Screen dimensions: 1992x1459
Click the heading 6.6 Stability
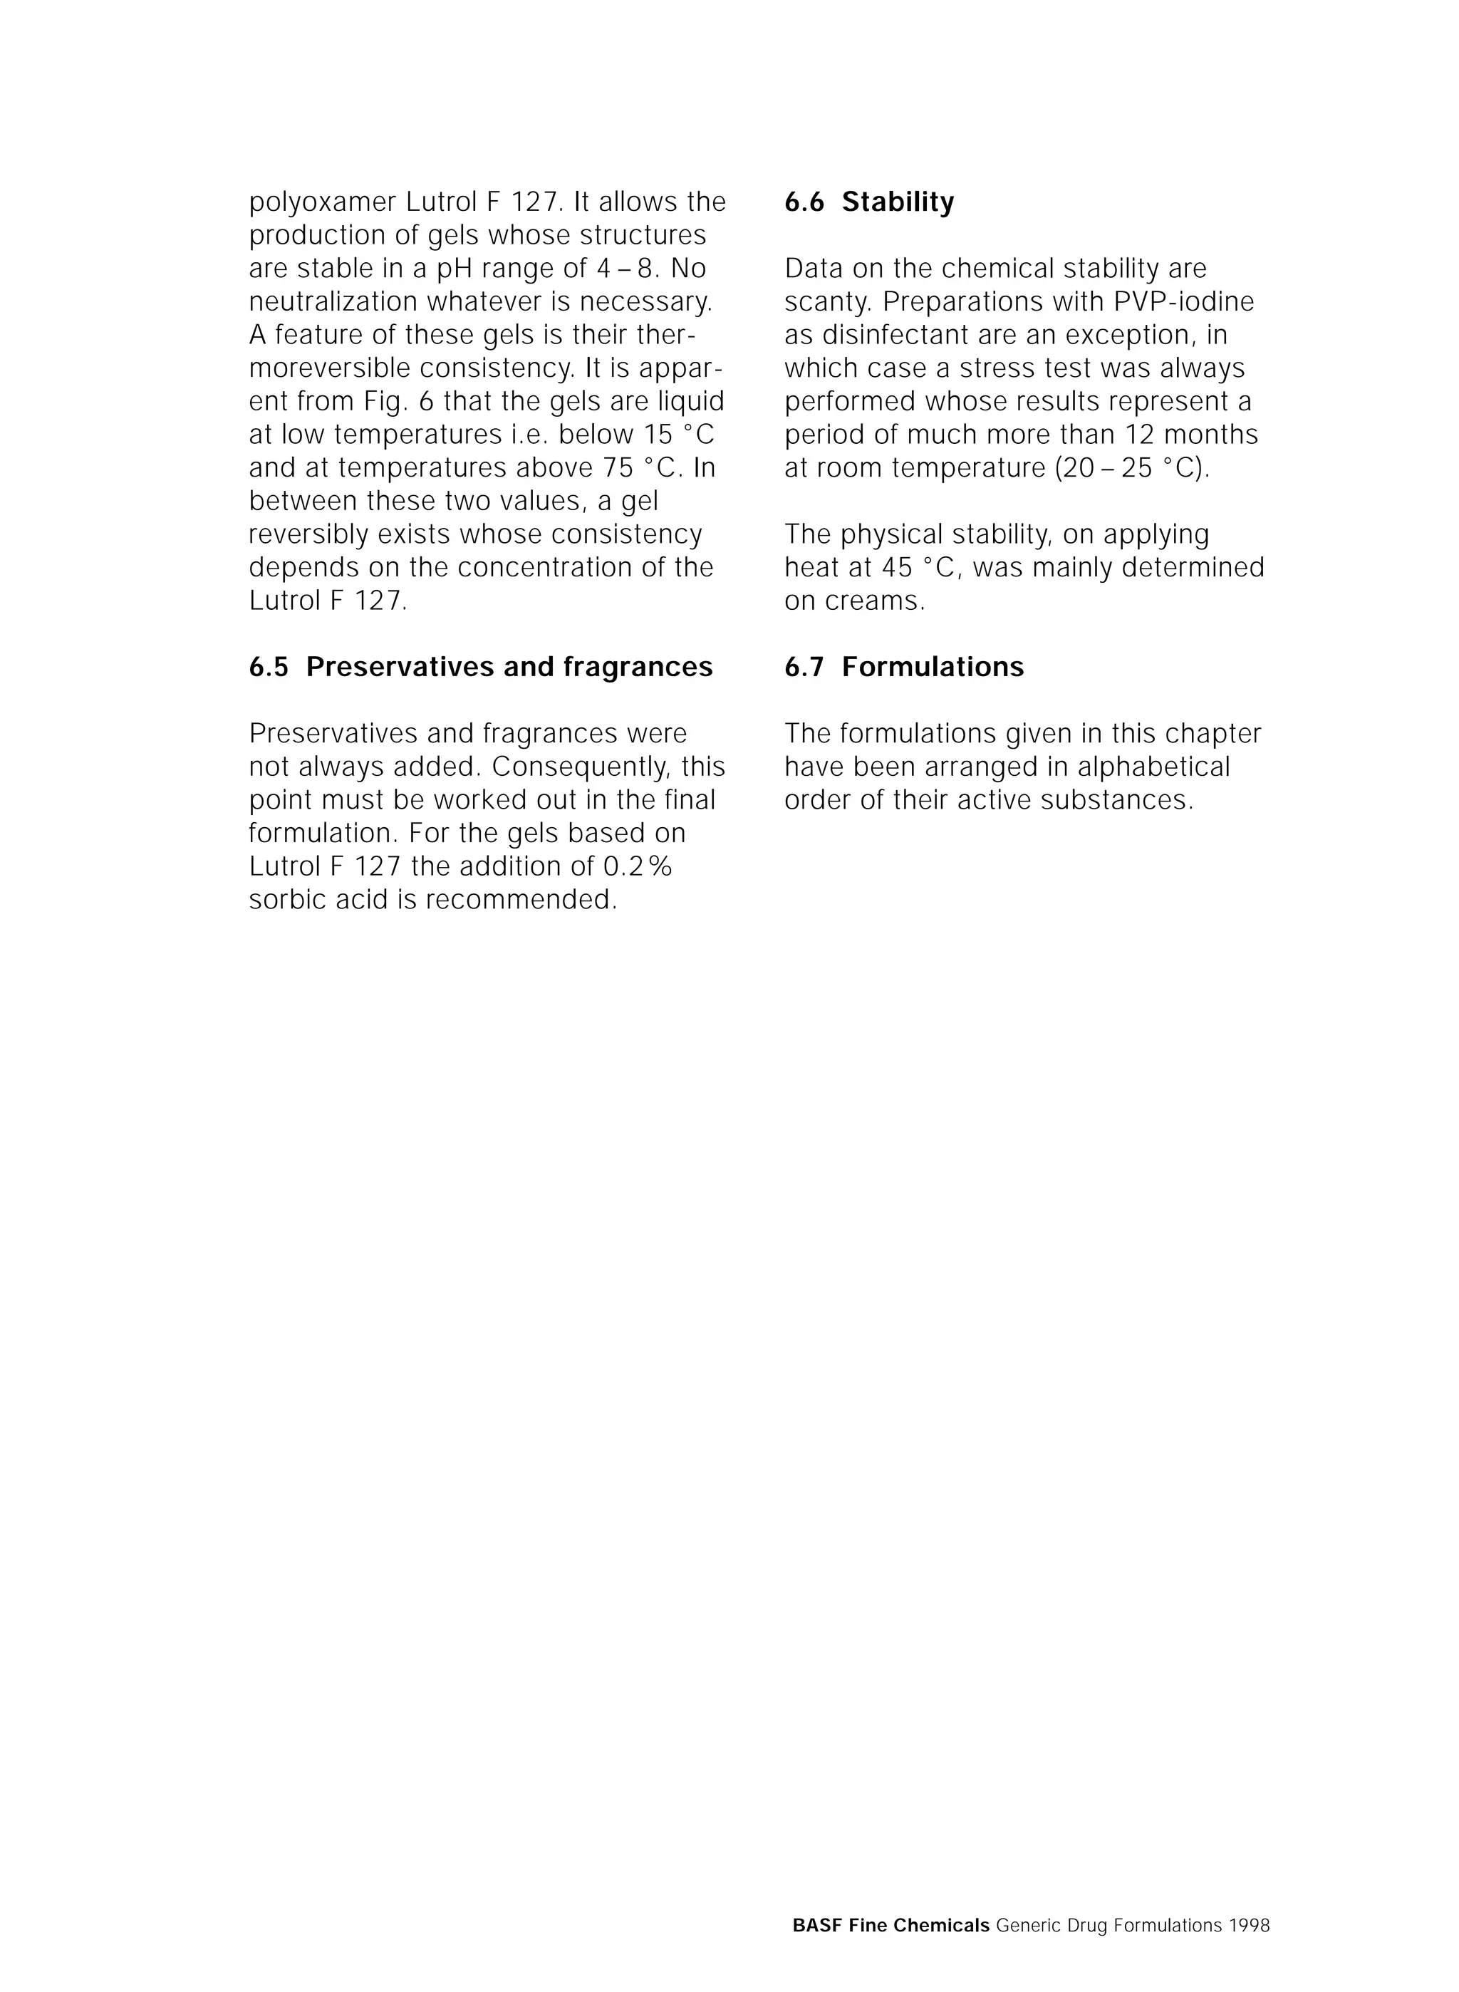click(x=869, y=202)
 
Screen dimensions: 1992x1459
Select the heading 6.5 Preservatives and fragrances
click(x=480, y=667)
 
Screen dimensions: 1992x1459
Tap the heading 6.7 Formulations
click(x=903, y=667)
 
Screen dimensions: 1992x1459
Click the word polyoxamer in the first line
click(x=322, y=203)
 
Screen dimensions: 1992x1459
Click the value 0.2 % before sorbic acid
click(x=637, y=867)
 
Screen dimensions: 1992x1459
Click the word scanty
click(x=828, y=303)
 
